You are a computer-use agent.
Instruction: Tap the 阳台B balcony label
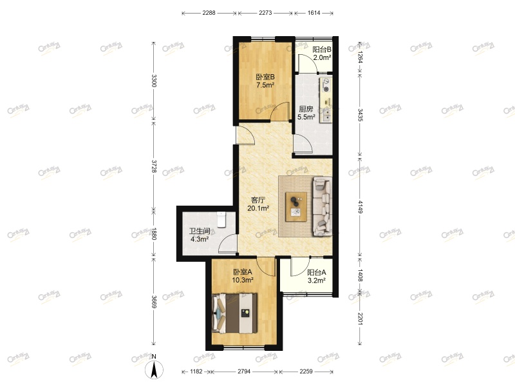pyautogui.click(x=322, y=50)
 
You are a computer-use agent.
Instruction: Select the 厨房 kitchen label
pyautogui.click(x=306, y=109)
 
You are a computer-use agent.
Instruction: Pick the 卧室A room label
pyautogui.click(x=243, y=272)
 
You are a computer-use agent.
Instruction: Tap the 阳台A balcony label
pyautogui.click(x=315, y=272)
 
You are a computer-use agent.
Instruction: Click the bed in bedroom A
pyautogui.click(x=236, y=313)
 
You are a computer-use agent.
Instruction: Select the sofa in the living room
pyautogui.click(x=321, y=206)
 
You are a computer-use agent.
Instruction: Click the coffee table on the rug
pyautogui.click(x=297, y=206)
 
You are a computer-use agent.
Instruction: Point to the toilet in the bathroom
pyautogui.click(x=221, y=219)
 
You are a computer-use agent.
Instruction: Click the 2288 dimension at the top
pyautogui.click(x=209, y=12)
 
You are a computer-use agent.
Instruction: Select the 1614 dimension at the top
pyautogui.click(x=314, y=12)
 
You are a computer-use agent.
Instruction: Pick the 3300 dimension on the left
pyautogui.click(x=153, y=81)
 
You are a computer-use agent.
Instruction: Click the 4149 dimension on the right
pyautogui.click(x=360, y=208)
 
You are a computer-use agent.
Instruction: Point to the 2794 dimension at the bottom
pyautogui.click(x=245, y=372)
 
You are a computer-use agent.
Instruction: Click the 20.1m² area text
pyautogui.click(x=259, y=208)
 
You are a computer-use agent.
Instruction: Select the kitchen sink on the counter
pyautogui.click(x=326, y=114)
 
